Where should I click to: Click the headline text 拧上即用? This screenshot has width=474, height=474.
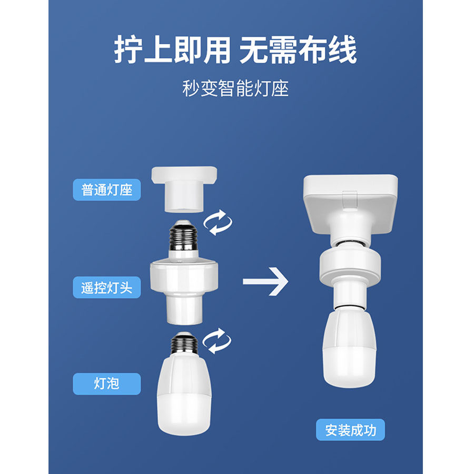[x=172, y=51]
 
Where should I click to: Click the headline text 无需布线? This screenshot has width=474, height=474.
[x=298, y=51]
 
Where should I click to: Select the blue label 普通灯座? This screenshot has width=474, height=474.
[x=107, y=190]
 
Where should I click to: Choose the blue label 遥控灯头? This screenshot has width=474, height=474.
[x=107, y=288]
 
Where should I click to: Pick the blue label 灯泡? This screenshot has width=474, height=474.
[x=107, y=383]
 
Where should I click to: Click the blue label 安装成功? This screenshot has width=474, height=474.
[x=350, y=430]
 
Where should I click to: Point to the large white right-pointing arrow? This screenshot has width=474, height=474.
[x=265, y=282]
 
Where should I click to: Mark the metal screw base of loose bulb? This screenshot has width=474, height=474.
[x=184, y=344]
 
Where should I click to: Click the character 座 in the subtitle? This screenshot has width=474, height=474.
[x=281, y=88]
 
